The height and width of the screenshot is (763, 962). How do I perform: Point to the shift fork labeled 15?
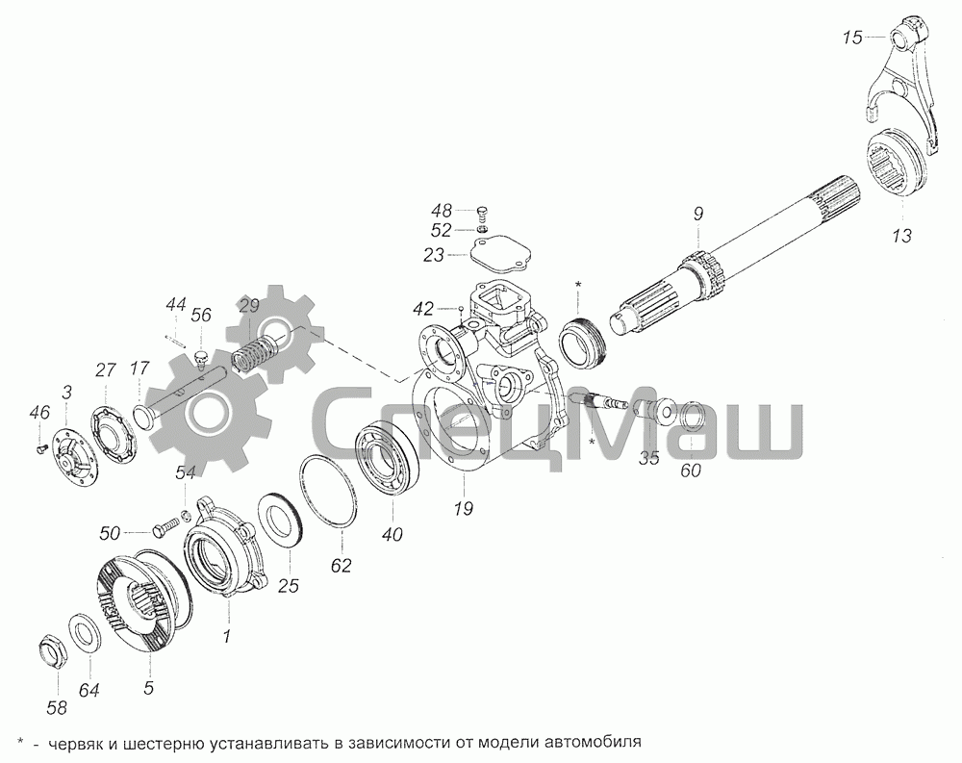pyautogui.click(x=903, y=86)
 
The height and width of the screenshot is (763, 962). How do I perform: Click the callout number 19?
pyautogui.click(x=464, y=508)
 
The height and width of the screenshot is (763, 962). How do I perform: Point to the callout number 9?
pyautogui.click(x=697, y=215)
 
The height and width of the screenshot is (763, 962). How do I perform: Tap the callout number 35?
pyautogui.click(x=649, y=459)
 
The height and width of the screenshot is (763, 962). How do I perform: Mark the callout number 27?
pyautogui.click(x=104, y=370)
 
